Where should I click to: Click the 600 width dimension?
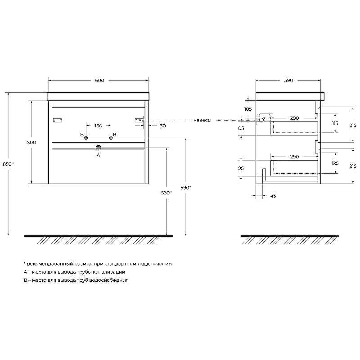(x=99, y=81)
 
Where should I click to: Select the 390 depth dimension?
(x=288, y=81)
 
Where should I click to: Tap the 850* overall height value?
(x=8, y=164)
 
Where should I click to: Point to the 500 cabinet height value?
(x=31, y=142)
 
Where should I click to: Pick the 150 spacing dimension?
(x=98, y=126)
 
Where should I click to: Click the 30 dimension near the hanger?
(x=162, y=126)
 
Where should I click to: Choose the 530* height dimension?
(x=166, y=193)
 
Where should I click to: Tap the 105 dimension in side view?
(x=247, y=109)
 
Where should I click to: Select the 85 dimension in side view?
(x=241, y=128)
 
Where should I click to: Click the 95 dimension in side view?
(x=241, y=168)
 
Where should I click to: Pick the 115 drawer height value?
(x=335, y=123)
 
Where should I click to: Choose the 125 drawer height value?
(x=335, y=163)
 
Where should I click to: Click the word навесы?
(x=202, y=120)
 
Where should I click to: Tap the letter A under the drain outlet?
(x=99, y=155)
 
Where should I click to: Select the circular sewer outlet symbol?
(x=99, y=147)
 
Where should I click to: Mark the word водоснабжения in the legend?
(x=110, y=280)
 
